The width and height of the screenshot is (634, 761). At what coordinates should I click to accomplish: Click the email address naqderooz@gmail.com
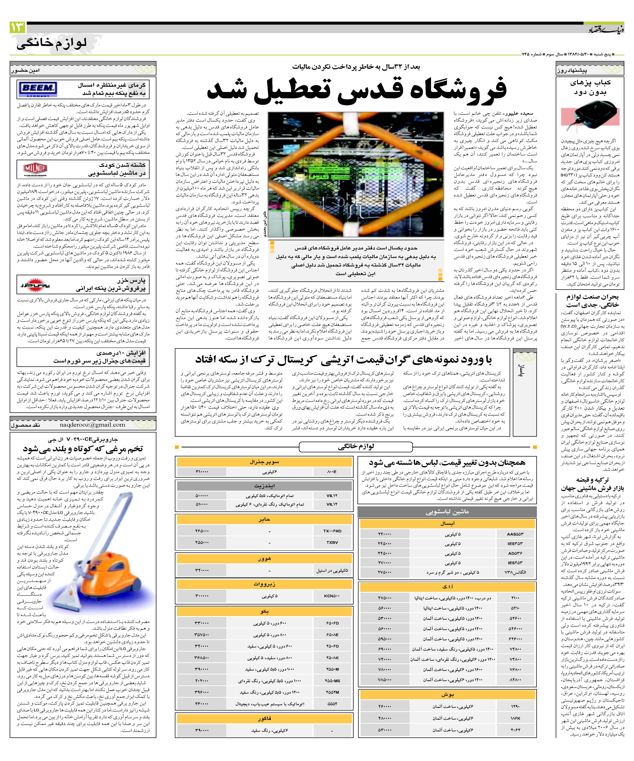click(x=92, y=425)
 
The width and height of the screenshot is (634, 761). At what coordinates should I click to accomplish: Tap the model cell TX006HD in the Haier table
click(x=332, y=531)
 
